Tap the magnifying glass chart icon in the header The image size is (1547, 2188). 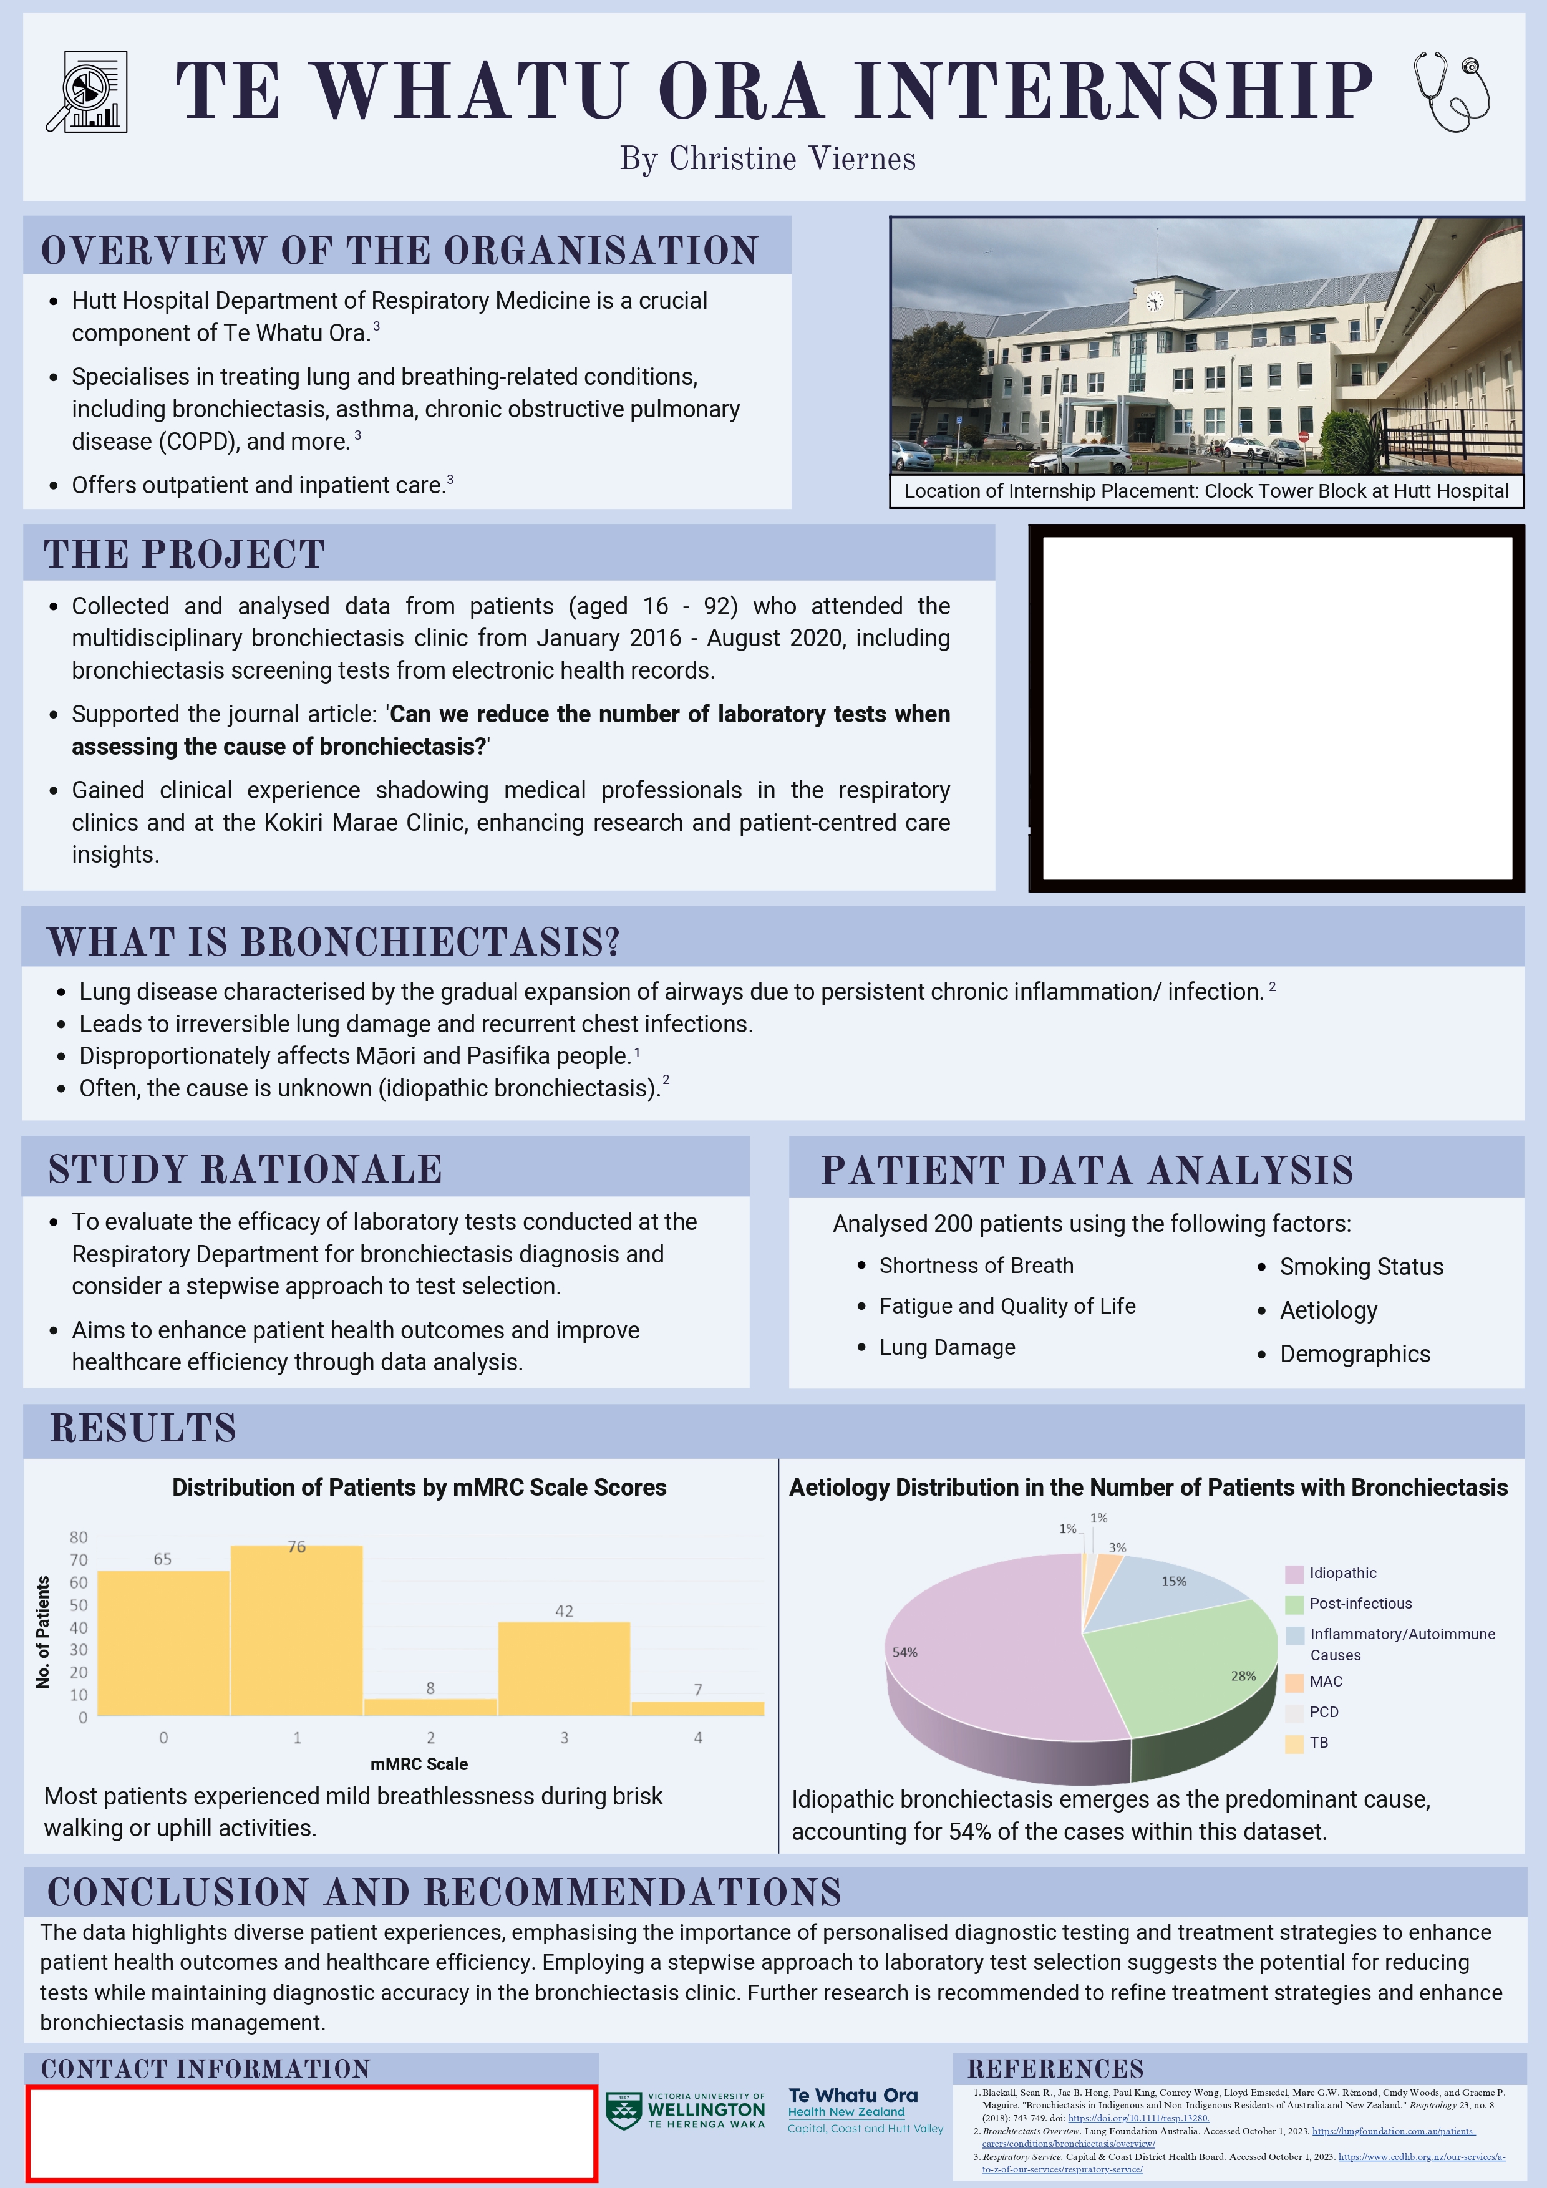[x=87, y=92]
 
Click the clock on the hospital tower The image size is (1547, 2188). [x=1154, y=302]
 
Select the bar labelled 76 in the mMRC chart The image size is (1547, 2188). [x=296, y=1630]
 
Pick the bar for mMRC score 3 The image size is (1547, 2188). [x=565, y=1668]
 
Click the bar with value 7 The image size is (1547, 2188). [x=698, y=1708]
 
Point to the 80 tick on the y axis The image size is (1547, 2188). [x=78, y=1537]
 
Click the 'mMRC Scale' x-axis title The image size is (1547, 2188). [x=419, y=1764]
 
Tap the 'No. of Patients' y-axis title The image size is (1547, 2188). [x=43, y=1632]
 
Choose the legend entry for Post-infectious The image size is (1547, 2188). [x=1360, y=1604]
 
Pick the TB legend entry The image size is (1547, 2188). [x=1318, y=1743]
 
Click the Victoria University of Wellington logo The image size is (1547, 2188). [x=686, y=2110]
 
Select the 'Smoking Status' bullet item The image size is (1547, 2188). [x=1361, y=1267]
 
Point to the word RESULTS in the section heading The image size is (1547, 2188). [x=143, y=1428]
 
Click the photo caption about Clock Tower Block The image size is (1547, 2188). [x=1206, y=491]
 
